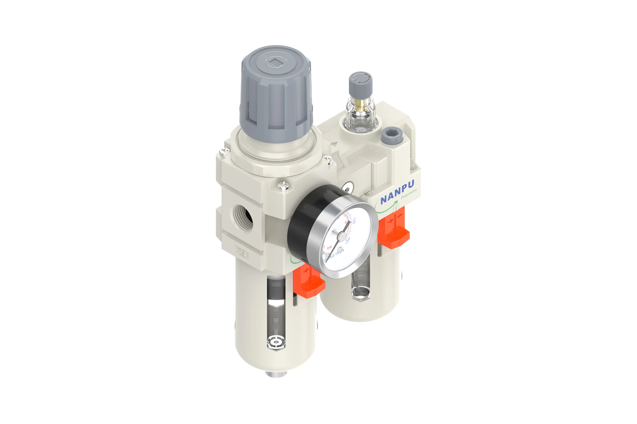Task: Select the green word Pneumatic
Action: [x=409, y=193]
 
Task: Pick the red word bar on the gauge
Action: [x=329, y=247]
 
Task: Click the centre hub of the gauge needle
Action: [x=342, y=237]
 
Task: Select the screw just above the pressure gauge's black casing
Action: [x=283, y=186]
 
